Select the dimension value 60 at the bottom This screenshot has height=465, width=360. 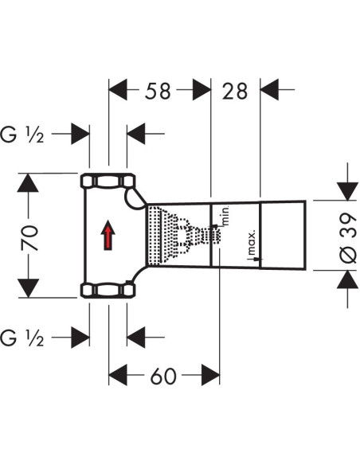pyautogui.click(x=164, y=375)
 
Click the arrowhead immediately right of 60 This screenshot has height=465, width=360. pyautogui.click(x=209, y=375)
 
